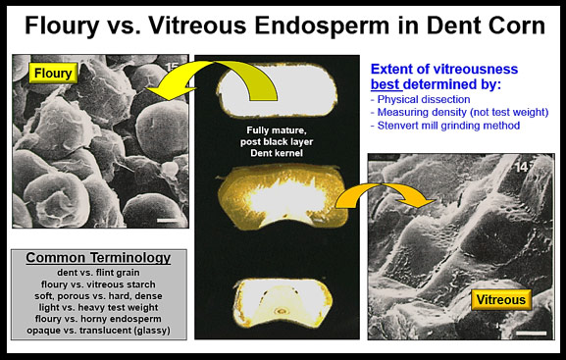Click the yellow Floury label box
click(50, 73)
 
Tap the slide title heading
click(282, 26)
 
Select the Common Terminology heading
click(96, 258)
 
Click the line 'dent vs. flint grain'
click(96, 274)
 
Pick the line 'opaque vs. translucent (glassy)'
click(96, 330)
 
